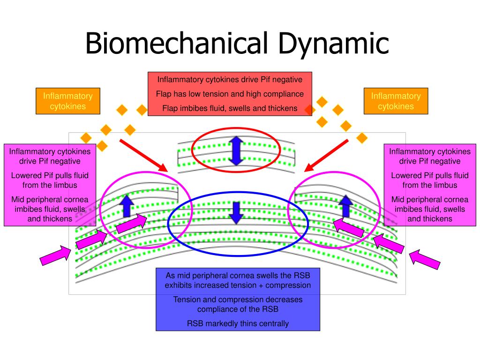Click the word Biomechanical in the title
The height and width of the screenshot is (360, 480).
point(177,43)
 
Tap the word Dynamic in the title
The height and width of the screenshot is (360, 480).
point(333,45)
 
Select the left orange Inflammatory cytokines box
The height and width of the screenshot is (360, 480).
point(68,101)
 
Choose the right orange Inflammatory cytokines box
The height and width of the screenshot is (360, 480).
point(396,101)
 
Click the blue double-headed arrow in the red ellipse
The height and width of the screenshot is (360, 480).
point(236,151)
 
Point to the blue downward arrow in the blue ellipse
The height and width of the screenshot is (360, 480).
point(236,212)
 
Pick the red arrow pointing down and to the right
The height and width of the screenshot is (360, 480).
point(143,156)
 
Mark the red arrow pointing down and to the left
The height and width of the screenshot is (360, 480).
point(326,156)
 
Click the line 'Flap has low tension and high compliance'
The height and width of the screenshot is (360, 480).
point(230,94)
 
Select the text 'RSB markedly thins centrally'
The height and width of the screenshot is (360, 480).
point(238,323)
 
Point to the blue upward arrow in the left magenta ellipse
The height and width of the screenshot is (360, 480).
point(127,206)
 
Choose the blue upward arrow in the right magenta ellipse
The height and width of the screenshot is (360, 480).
point(346,206)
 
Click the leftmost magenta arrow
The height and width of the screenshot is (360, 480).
point(56,255)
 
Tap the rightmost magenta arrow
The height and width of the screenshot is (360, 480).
point(424,260)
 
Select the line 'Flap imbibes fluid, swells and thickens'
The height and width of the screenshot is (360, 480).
point(230,108)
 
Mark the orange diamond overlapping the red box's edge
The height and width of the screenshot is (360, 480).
point(310,109)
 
